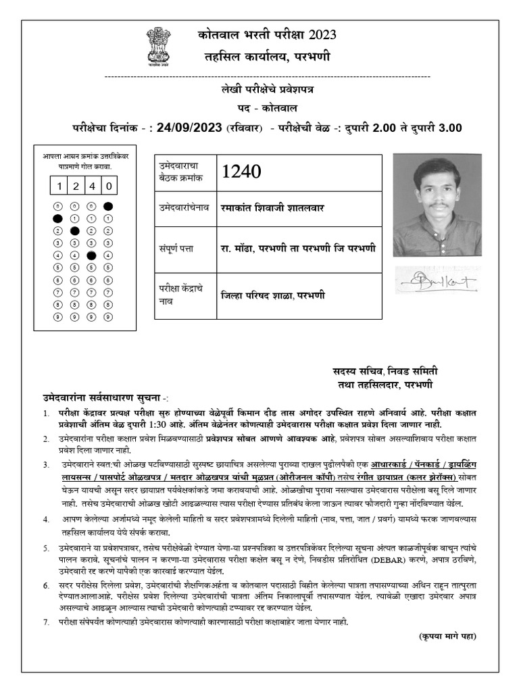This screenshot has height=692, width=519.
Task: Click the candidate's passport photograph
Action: click(437, 205)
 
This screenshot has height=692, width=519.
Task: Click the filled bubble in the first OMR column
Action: click(59, 218)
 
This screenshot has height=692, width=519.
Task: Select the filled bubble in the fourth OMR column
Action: click(107, 206)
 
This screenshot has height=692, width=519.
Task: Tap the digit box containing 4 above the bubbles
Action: click(92, 186)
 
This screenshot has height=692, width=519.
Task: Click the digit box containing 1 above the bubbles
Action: click(59, 186)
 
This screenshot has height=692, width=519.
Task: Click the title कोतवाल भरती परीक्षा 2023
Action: click(266, 36)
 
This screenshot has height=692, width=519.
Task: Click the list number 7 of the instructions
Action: click(45, 620)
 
